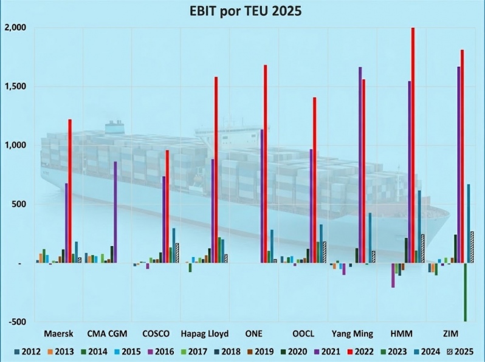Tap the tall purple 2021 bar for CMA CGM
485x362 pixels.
115,212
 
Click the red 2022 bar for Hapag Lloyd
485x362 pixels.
216,170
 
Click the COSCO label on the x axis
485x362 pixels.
156,334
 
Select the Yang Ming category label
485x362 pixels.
351,334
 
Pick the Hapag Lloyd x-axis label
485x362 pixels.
204,334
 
